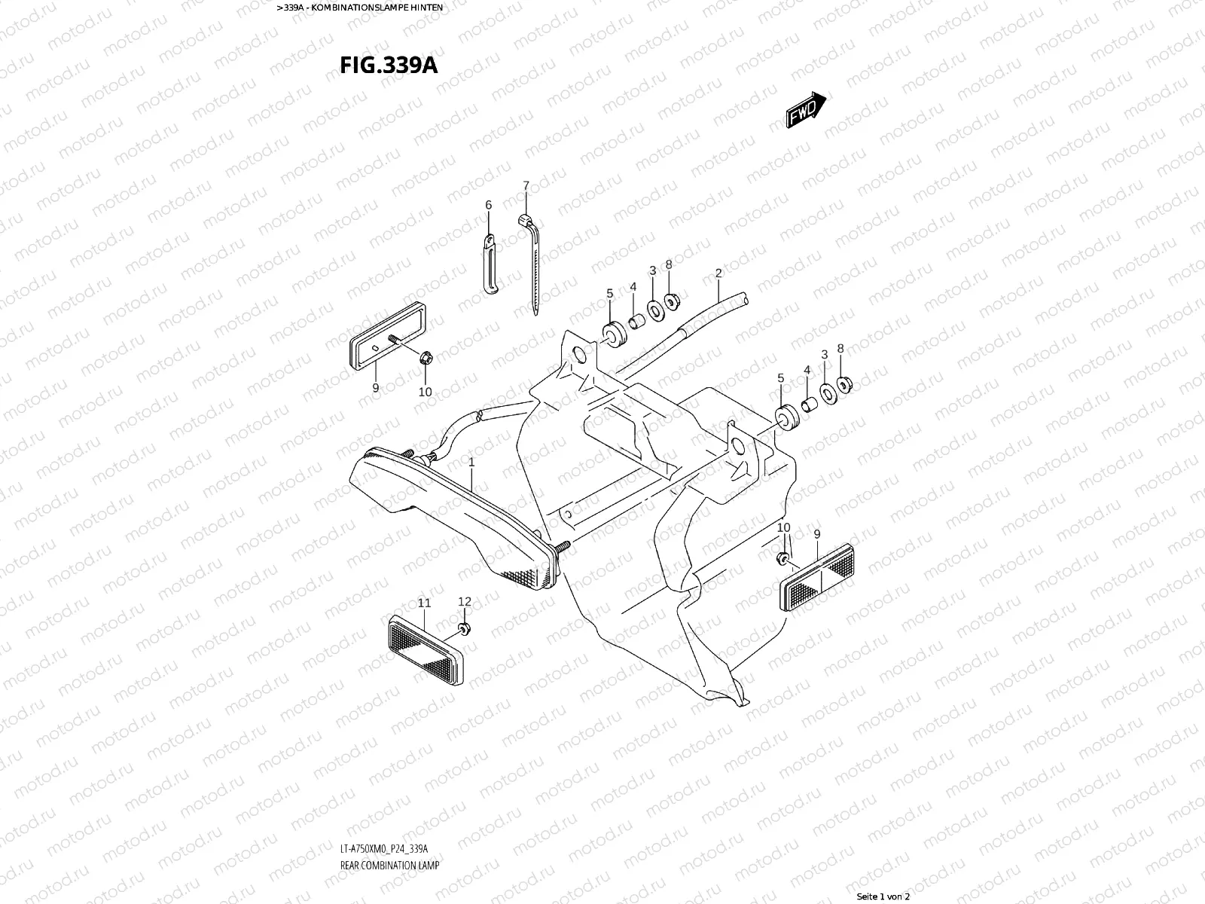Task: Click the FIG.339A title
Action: click(389, 65)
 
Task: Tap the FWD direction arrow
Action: click(807, 110)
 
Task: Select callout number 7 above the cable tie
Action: click(526, 185)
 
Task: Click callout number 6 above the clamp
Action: click(488, 205)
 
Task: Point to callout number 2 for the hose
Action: click(718, 273)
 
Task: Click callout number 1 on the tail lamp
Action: click(471, 461)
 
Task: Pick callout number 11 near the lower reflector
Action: click(424, 603)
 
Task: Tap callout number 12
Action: click(465, 601)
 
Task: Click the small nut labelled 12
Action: click(464, 628)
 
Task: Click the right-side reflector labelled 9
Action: click(817, 576)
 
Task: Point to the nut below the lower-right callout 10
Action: click(783, 558)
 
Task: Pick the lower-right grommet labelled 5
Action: click(785, 417)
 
